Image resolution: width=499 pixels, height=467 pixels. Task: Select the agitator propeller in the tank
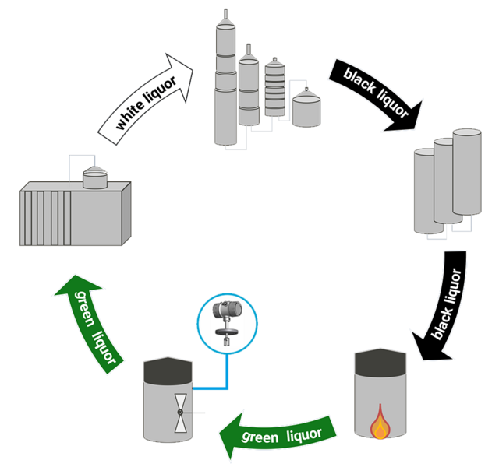(x=180, y=411)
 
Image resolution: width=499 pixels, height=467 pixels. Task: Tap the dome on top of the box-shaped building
(x=96, y=177)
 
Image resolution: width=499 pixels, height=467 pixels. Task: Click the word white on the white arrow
(x=129, y=118)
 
